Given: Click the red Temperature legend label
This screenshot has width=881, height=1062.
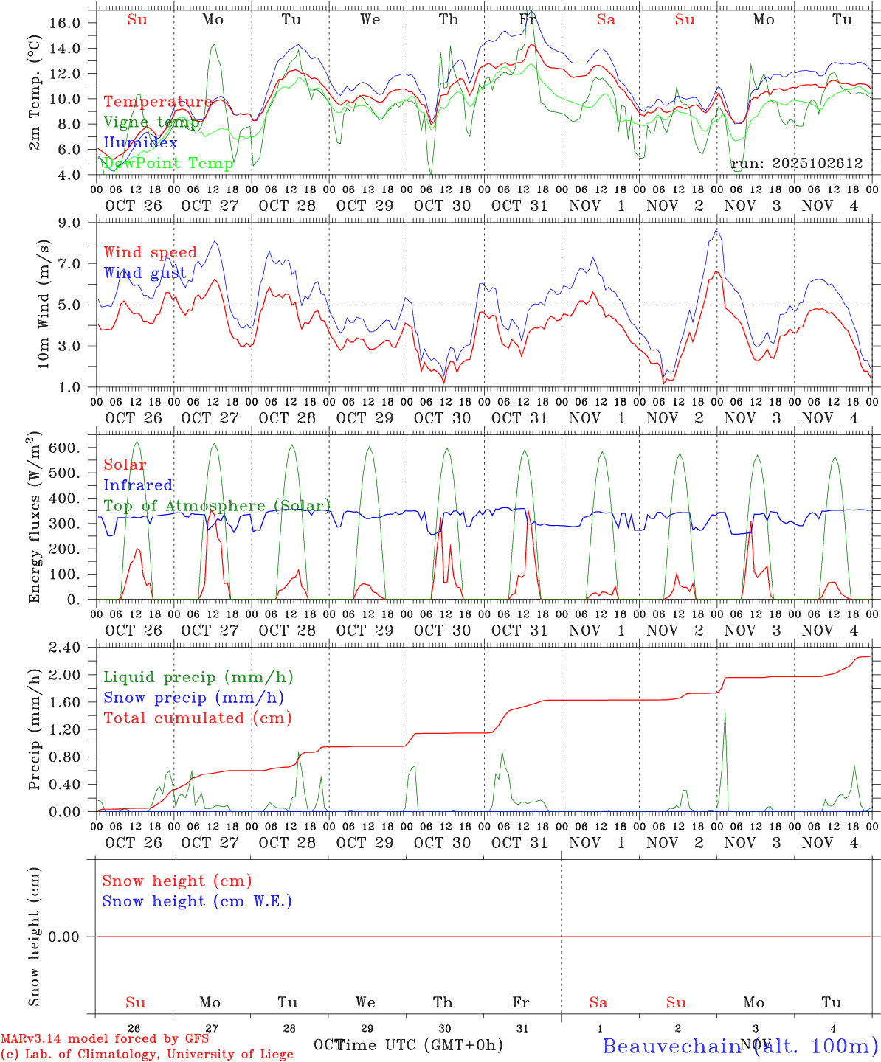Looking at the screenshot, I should click(157, 102).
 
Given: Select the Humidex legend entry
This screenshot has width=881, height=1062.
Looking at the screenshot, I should click(140, 142).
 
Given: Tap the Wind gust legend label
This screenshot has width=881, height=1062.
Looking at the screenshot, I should click(145, 273).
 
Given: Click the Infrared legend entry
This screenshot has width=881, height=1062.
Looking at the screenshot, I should click(138, 485).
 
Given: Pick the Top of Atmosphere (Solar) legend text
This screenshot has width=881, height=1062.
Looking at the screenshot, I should click(217, 506).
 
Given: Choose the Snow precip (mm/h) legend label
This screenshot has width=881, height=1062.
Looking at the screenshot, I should click(193, 698).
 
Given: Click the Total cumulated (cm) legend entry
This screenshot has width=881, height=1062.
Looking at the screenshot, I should click(197, 718).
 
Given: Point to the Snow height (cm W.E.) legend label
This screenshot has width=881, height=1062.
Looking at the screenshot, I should click(197, 901).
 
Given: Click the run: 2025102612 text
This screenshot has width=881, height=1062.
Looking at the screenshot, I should click(796, 164).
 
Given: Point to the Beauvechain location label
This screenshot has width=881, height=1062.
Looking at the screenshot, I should click(671, 1046).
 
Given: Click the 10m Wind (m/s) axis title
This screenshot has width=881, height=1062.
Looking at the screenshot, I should click(44, 304).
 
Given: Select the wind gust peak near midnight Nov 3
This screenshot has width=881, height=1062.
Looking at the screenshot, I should click(716, 232).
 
